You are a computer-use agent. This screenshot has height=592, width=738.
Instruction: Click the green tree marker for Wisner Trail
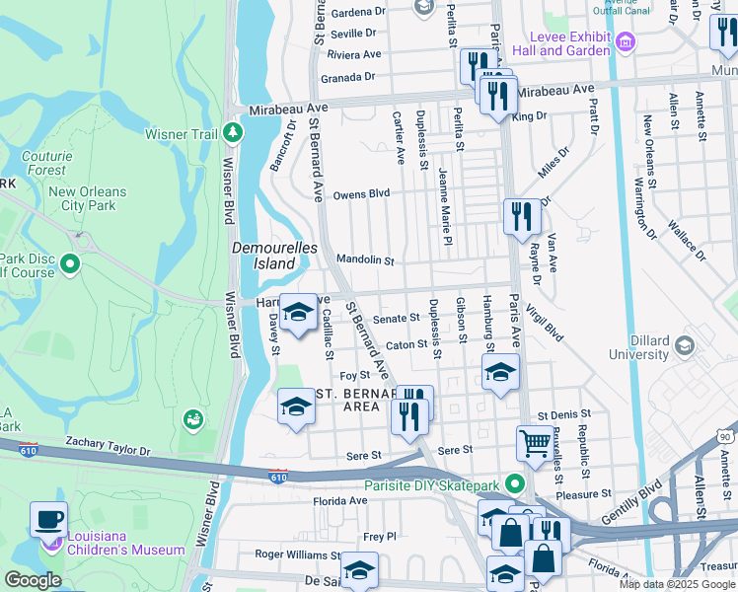coord(232,131)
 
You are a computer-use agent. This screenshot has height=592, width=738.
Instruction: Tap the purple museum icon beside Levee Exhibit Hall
coord(624,42)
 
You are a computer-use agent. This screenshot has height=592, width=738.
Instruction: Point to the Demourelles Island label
coord(264,256)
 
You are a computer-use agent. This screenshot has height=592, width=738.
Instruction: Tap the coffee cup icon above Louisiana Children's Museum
coord(48,518)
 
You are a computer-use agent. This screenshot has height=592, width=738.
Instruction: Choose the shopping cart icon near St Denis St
coord(534,444)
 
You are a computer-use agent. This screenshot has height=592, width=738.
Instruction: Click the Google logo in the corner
coord(33,580)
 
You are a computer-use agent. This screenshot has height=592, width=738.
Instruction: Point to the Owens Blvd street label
coord(361,194)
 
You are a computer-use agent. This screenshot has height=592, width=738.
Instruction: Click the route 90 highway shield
coord(725,435)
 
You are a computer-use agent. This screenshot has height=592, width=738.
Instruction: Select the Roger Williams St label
coord(297,555)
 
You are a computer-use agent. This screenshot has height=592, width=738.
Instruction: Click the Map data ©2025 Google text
coord(677,584)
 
